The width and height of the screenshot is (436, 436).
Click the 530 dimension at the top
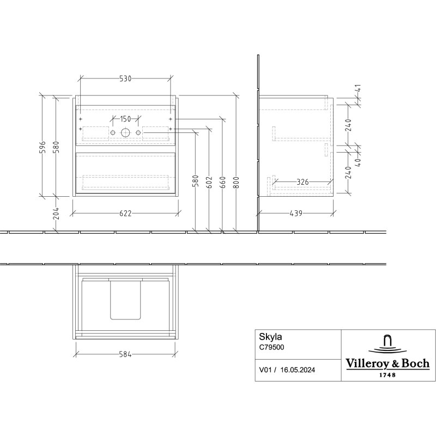click(x=125, y=78)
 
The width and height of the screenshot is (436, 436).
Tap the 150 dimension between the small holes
click(x=125, y=119)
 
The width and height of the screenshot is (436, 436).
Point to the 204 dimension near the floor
click(x=56, y=213)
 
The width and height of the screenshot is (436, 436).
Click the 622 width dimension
click(x=125, y=213)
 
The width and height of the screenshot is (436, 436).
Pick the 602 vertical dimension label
click(x=210, y=182)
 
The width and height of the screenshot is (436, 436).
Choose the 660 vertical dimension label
click(x=223, y=182)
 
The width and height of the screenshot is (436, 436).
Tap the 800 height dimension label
click(x=237, y=182)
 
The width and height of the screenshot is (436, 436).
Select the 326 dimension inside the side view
click(x=302, y=182)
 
